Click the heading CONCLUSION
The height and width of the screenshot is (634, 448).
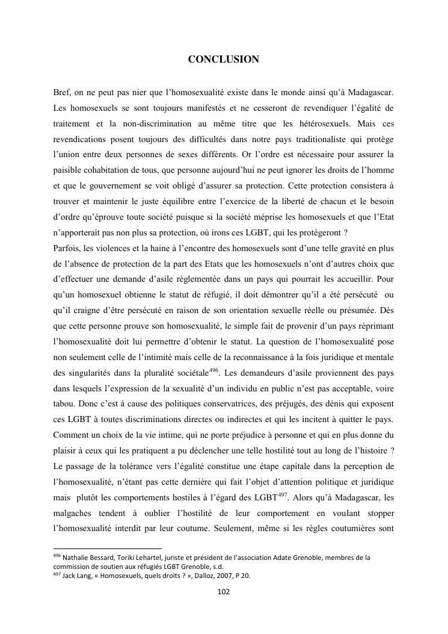click(224, 59)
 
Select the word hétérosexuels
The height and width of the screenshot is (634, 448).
click(319, 124)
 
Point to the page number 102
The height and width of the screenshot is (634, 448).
click(224, 591)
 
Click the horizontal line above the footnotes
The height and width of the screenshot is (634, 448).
click(108, 549)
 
